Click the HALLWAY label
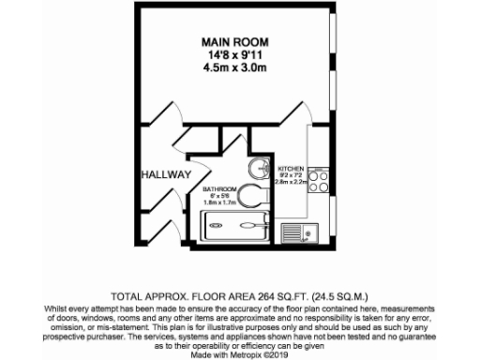pyautogui.click(x=166, y=175)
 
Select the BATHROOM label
pyautogui.click(x=219, y=189)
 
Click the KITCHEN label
pyautogui.click(x=291, y=169)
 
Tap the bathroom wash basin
pyautogui.click(x=258, y=170)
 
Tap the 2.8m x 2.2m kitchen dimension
pyautogui.click(x=292, y=183)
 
